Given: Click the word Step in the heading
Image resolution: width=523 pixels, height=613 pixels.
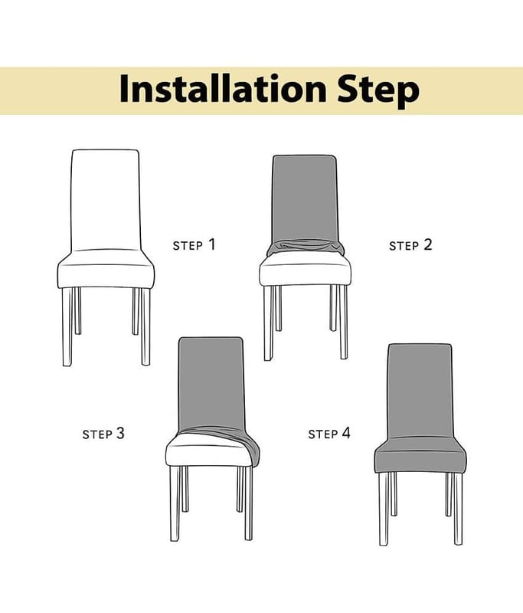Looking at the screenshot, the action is [x=378, y=90].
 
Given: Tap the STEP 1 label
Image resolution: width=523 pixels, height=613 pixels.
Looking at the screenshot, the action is [x=194, y=244].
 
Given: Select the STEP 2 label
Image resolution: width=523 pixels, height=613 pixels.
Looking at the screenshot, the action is [x=410, y=245].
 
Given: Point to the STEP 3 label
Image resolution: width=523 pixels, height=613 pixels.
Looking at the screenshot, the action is [x=103, y=434].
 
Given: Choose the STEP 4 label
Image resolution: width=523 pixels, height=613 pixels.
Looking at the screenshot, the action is [x=329, y=434].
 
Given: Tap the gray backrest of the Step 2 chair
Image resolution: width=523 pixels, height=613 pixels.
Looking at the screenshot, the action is [x=305, y=198].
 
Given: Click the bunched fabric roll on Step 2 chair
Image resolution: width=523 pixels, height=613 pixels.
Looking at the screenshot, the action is [x=305, y=248].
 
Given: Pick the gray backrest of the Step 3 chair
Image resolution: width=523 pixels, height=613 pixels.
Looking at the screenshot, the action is [x=211, y=383].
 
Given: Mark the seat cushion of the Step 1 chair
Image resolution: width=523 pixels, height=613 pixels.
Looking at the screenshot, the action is [x=106, y=270].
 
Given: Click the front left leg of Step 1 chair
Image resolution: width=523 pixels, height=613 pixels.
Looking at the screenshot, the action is [x=67, y=327].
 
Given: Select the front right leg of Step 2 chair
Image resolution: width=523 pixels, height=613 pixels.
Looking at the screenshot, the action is [x=343, y=322].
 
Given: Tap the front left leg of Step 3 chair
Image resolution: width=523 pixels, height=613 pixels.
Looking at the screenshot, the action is [x=175, y=503].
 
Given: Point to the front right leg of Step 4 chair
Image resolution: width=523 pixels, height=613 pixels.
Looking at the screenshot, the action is [x=458, y=509].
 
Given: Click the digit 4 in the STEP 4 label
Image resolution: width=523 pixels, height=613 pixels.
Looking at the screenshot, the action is [x=346, y=433].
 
